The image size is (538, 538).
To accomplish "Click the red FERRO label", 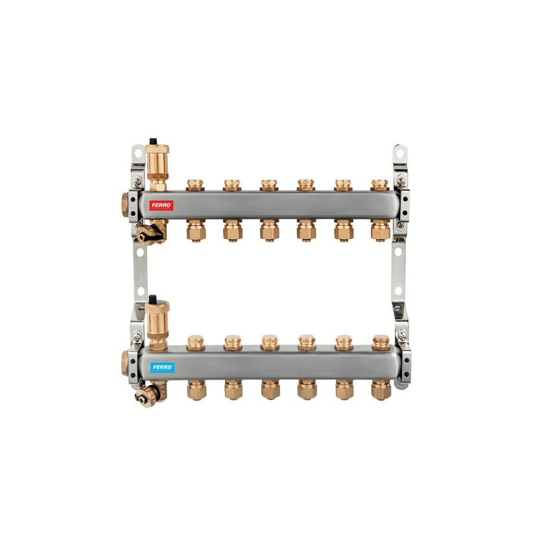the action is pos(161,205).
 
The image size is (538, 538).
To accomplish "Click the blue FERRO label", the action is pos(162,368).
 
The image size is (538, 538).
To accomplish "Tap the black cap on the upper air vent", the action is pos(153,141).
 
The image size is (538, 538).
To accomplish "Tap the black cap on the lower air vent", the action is pos(153,299).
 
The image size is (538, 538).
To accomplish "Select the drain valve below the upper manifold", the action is pos(150,233).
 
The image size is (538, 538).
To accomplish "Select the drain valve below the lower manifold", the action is pos(148,395).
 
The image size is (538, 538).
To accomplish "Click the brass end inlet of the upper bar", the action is pos(125,205).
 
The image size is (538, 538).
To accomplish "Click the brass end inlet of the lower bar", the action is pos(125,363).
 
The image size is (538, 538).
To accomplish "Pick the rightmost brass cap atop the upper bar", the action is pos(380,185).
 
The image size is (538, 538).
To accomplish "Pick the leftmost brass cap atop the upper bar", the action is pos(196,185).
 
